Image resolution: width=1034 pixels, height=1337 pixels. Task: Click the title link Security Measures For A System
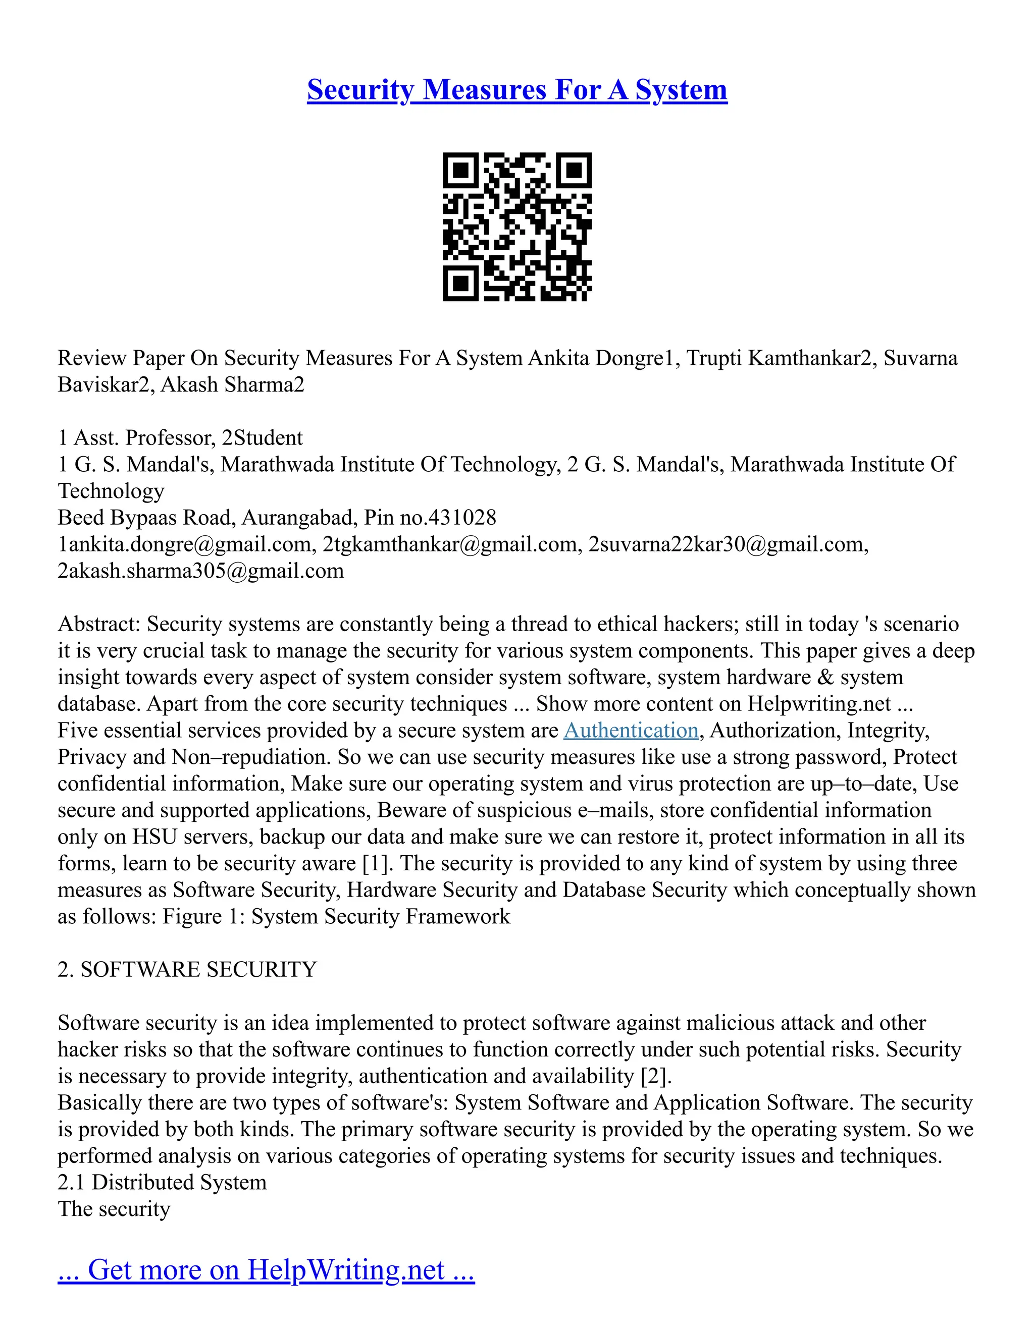(x=517, y=89)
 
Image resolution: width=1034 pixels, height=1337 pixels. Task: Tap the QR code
(x=517, y=227)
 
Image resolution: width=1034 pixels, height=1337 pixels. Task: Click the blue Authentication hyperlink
(x=631, y=731)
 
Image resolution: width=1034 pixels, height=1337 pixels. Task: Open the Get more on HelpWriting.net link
(x=266, y=1270)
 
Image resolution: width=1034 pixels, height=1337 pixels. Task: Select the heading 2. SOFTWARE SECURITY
(x=187, y=970)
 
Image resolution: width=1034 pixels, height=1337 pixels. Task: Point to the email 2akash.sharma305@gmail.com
(x=200, y=571)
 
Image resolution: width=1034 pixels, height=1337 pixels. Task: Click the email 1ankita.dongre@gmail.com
(x=184, y=544)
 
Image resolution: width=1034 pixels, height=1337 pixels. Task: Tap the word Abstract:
(x=100, y=625)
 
